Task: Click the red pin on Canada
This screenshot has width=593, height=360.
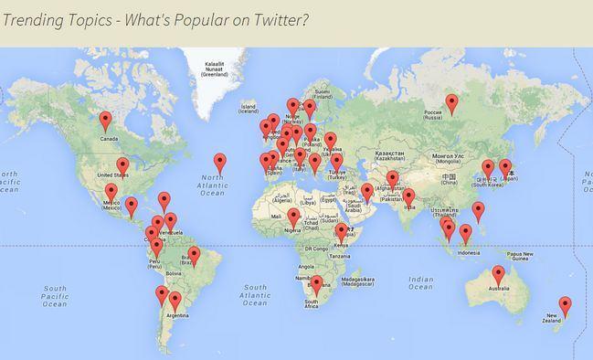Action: (x=106, y=120)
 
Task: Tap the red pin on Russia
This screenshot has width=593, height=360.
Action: (x=451, y=103)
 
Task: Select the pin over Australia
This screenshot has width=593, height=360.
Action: (x=498, y=274)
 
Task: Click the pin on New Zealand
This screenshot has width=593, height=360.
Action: (x=565, y=305)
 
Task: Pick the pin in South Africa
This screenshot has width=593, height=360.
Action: (x=316, y=284)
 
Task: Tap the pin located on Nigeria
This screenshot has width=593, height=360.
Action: (x=293, y=217)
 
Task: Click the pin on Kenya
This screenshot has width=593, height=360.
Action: (x=341, y=232)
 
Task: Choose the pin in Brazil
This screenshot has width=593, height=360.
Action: (x=194, y=256)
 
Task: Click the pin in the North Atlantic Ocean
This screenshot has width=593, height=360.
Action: (x=220, y=162)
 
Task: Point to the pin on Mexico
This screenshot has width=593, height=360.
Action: (x=111, y=192)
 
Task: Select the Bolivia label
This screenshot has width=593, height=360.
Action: (x=174, y=271)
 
